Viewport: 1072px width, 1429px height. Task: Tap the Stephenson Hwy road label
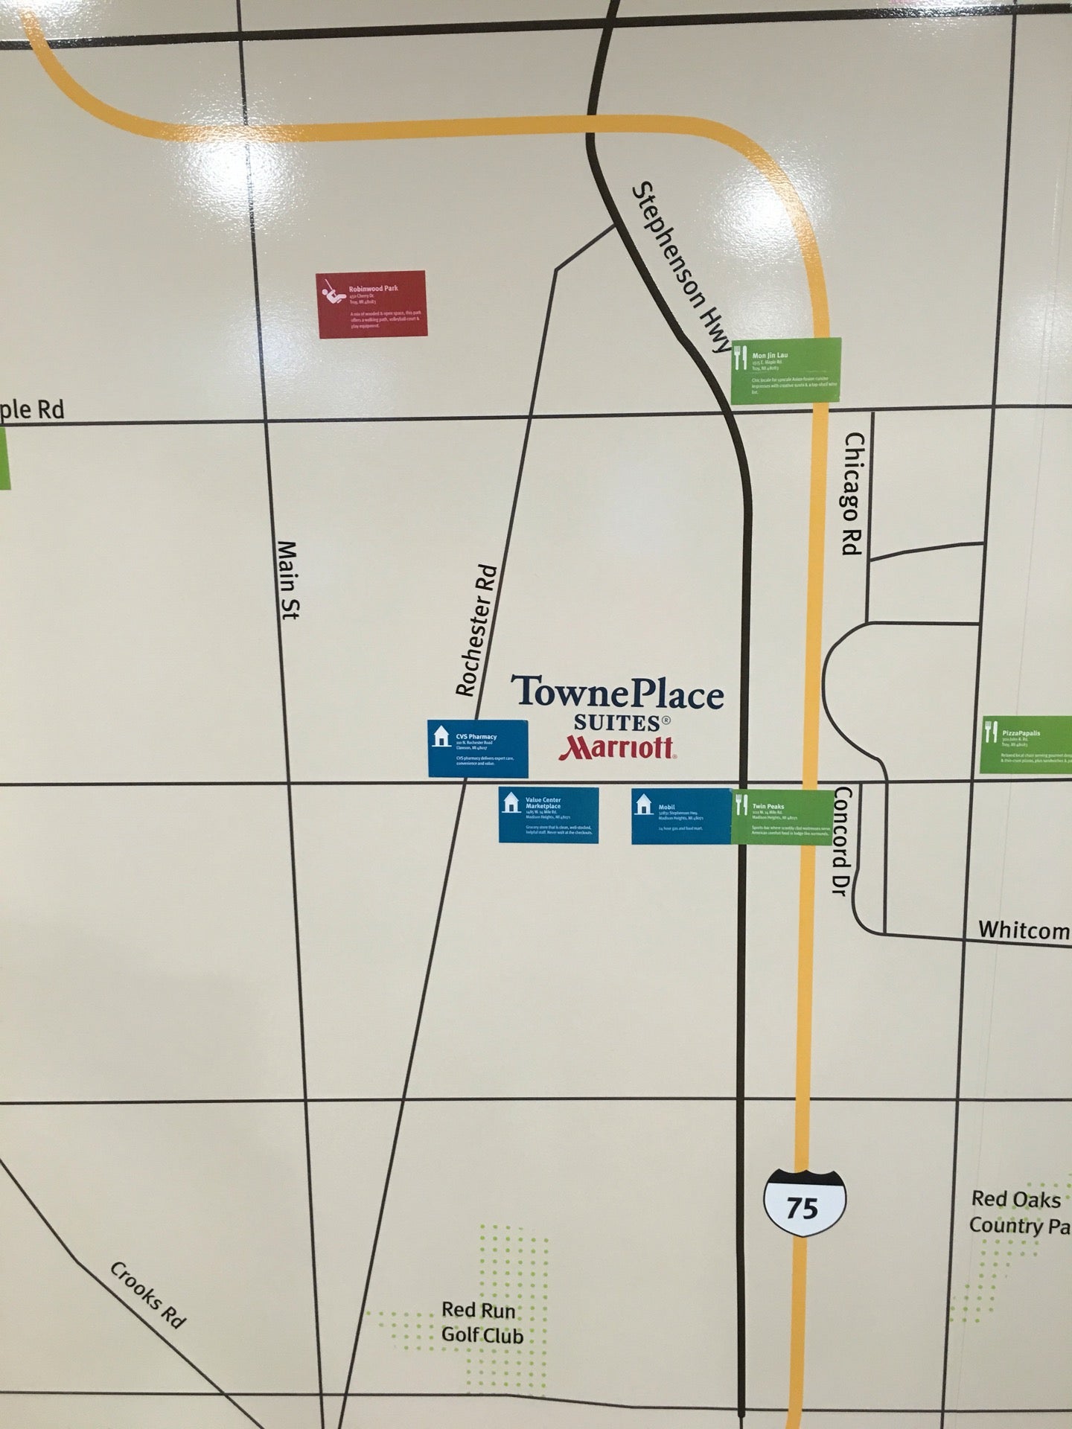point(680,268)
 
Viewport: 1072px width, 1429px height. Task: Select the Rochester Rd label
point(477,631)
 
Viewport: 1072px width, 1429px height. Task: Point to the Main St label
point(287,581)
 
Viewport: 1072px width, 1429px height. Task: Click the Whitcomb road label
point(1024,930)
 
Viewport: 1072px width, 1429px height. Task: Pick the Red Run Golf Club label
point(482,1322)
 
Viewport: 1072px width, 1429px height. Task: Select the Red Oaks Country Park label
point(1018,1212)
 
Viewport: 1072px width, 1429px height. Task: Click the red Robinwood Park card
point(372,304)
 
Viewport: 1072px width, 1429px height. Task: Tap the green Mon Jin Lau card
point(785,371)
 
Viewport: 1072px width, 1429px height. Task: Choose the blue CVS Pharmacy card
point(477,748)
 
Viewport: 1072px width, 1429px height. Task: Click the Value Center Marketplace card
point(549,815)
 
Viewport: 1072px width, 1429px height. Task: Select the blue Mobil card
point(681,816)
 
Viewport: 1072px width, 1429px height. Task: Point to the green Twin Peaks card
point(782,816)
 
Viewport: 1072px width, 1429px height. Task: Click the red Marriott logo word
point(617,748)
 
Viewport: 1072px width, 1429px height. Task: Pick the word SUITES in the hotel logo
point(617,722)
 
